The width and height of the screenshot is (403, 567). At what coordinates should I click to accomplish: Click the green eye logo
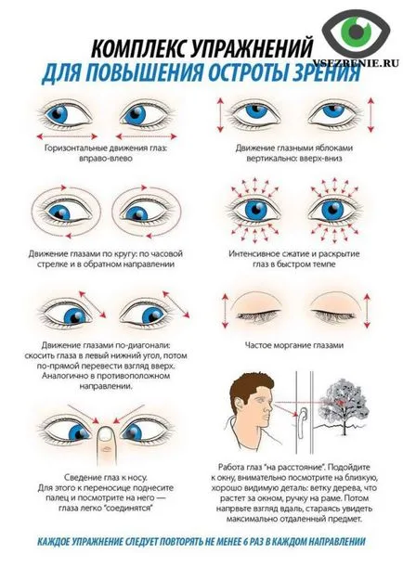pyautogui.click(x=357, y=31)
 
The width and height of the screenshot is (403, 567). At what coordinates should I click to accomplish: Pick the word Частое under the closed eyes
pyautogui.click(x=258, y=345)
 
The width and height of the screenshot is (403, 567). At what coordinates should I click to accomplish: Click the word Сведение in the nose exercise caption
pyautogui.click(x=81, y=477)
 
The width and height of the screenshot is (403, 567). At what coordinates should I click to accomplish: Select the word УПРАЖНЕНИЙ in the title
pyautogui.click(x=251, y=49)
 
